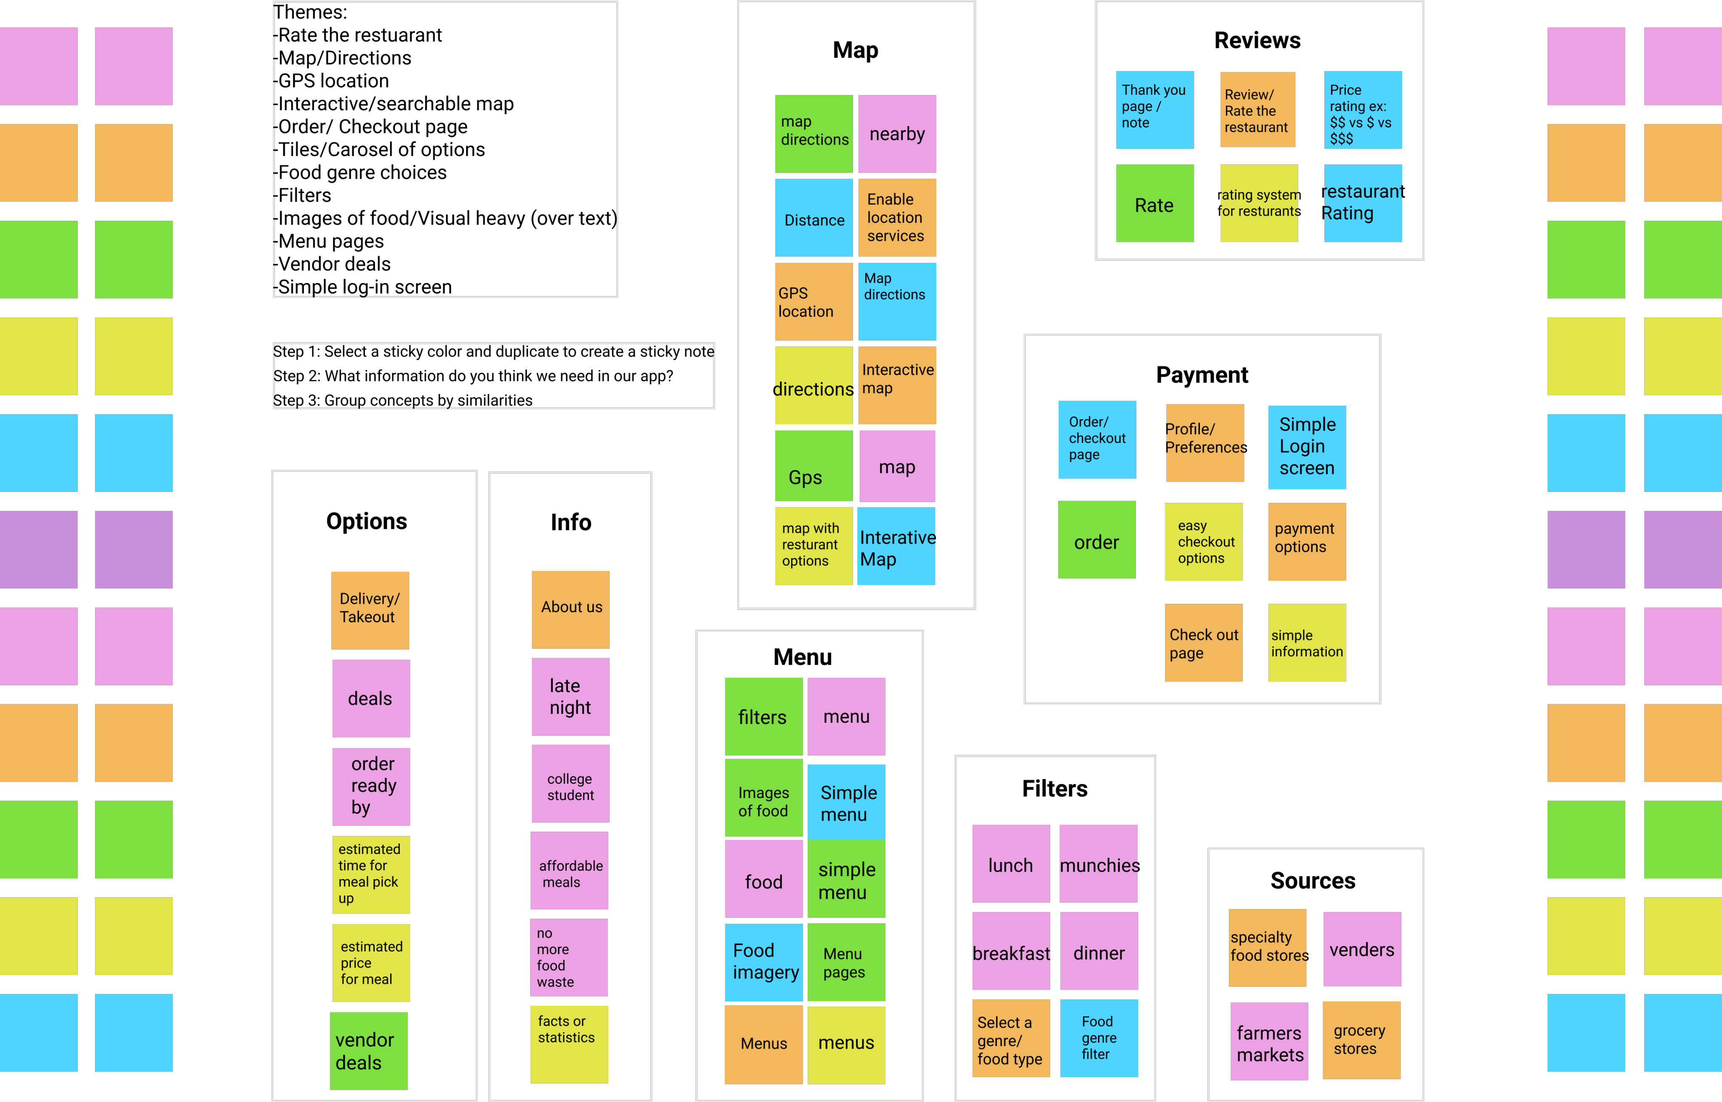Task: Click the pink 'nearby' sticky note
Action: (897, 134)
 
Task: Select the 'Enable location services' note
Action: (897, 217)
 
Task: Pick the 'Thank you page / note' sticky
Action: (1155, 109)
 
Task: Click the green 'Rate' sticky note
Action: (1155, 204)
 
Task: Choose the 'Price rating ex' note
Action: (1362, 109)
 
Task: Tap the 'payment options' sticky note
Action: (1307, 542)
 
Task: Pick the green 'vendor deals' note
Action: (368, 1050)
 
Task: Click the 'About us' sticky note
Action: (570, 609)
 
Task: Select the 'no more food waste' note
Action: (569, 957)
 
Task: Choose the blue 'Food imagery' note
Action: (763, 962)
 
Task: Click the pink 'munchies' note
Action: (1098, 864)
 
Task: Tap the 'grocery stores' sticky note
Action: (1361, 1040)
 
